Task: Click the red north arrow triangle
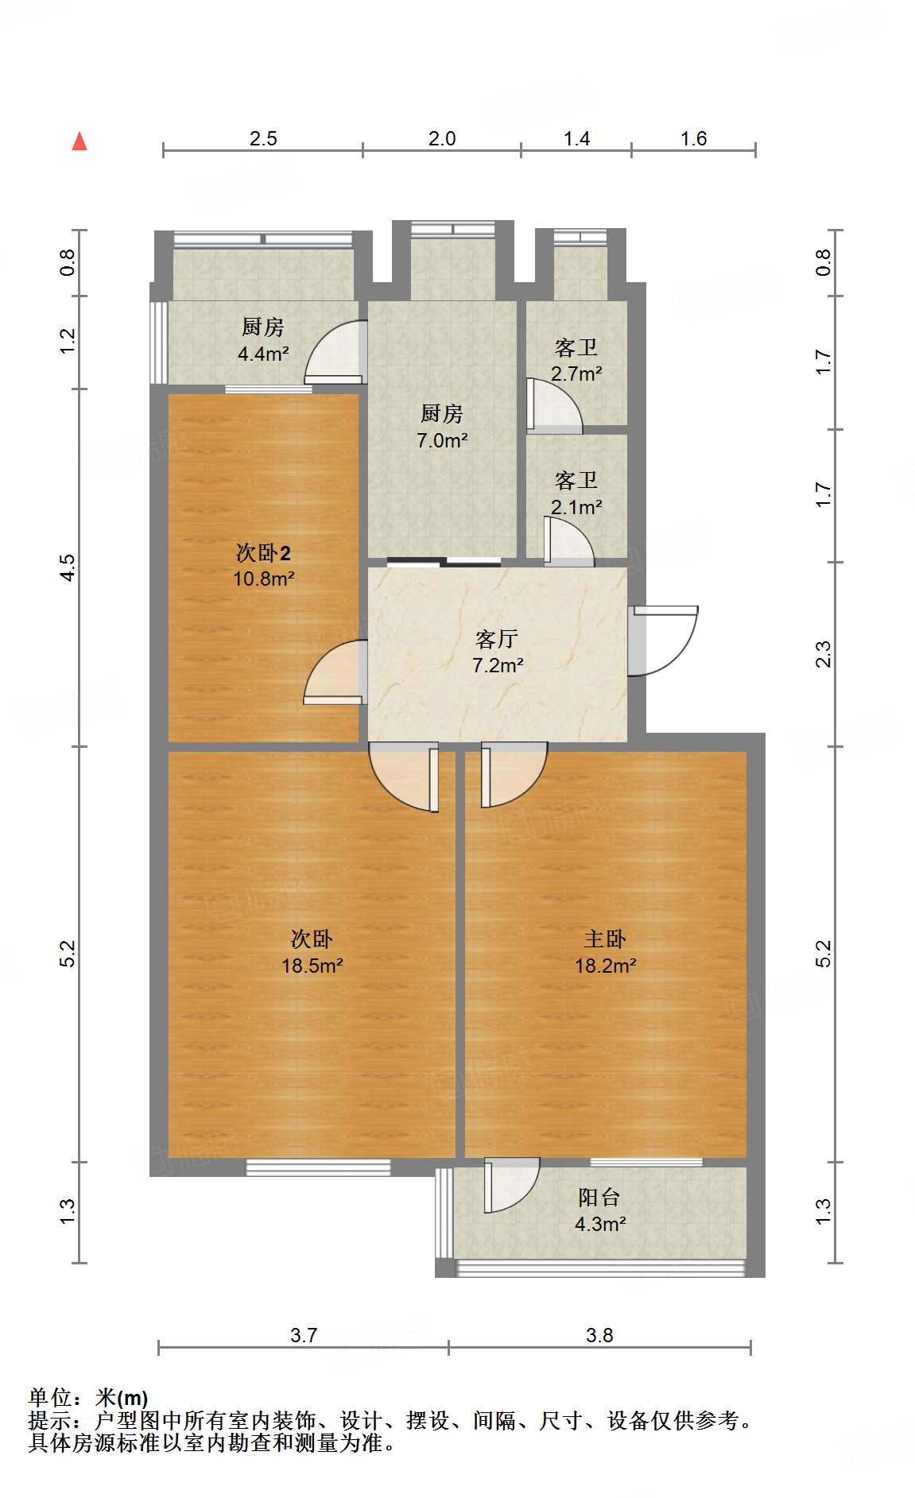pyautogui.click(x=79, y=142)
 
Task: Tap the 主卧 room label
pyautogui.click(x=605, y=939)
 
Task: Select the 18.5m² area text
pyautogui.click(x=312, y=966)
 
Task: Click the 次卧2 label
pyautogui.click(x=263, y=552)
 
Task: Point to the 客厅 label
pyautogui.click(x=497, y=639)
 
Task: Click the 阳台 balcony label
pyautogui.click(x=599, y=1198)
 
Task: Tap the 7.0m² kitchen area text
pyautogui.click(x=442, y=439)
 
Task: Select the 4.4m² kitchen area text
pyautogui.click(x=263, y=354)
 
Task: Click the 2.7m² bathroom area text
pyautogui.click(x=576, y=374)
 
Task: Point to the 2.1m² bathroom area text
pyautogui.click(x=576, y=507)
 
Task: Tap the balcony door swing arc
pyautogui.click(x=513, y=1186)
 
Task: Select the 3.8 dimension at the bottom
pyautogui.click(x=599, y=1335)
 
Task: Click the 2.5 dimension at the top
pyautogui.click(x=263, y=139)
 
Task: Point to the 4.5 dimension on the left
pyautogui.click(x=68, y=567)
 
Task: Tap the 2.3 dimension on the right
pyautogui.click(x=824, y=654)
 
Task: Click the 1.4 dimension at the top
pyautogui.click(x=576, y=139)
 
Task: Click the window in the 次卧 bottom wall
pyautogui.click(x=318, y=1167)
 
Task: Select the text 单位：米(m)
pyautogui.click(x=87, y=1397)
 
